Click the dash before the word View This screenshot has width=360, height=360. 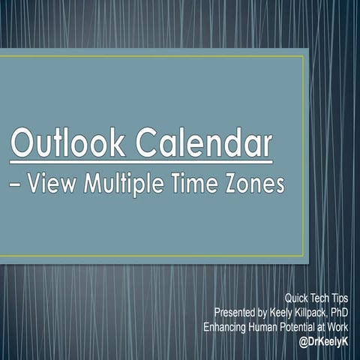18,184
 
